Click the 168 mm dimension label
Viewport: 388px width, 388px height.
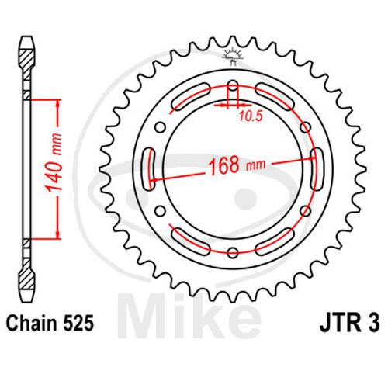click(237, 165)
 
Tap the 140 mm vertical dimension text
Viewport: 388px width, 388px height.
click(54, 162)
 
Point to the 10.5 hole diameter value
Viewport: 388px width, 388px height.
click(251, 116)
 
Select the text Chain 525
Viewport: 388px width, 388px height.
click(50, 324)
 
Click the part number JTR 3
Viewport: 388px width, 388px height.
click(350, 324)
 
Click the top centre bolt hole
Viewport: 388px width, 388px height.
click(233, 85)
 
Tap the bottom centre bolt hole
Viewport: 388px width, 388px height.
click(233, 253)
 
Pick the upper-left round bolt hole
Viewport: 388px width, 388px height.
click(161, 127)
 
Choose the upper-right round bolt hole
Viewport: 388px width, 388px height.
click(306, 127)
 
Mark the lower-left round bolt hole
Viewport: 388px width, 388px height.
click(161, 211)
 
